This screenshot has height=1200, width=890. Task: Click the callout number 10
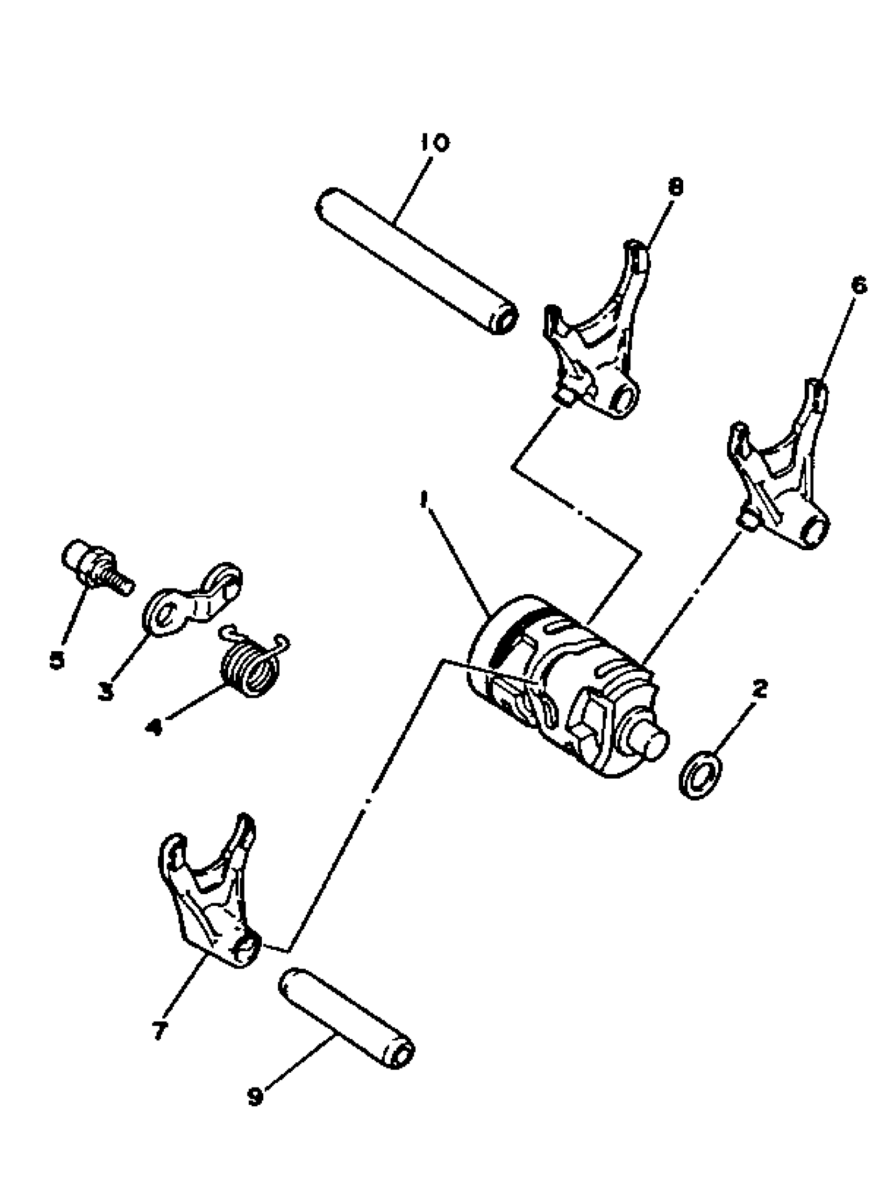434,143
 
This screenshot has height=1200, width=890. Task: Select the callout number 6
859,285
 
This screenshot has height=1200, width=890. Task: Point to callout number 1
425,499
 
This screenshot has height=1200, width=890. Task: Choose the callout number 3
106,691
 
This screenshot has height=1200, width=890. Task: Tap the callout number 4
153,727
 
